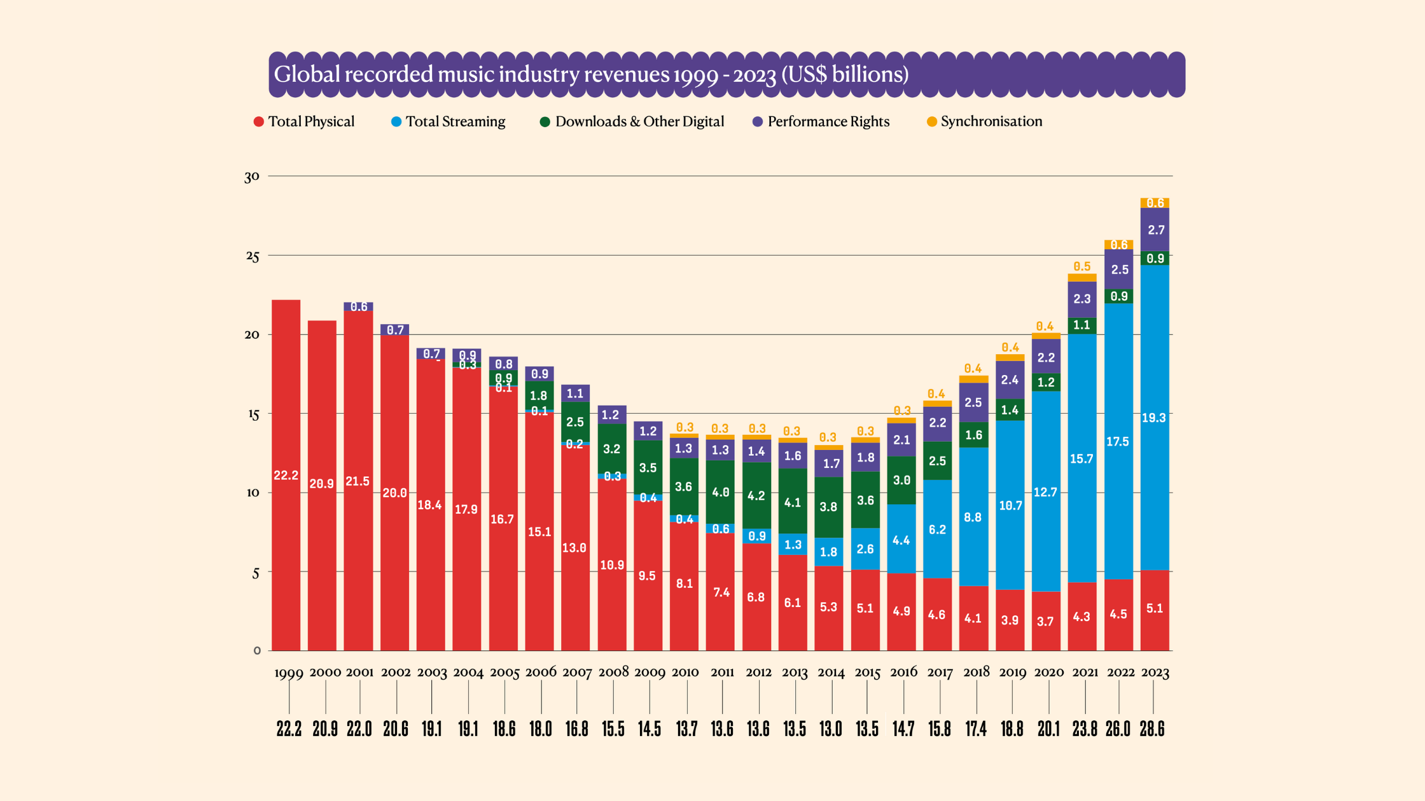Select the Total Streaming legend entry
click(448, 121)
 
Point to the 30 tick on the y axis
click(252, 177)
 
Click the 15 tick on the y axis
click(253, 414)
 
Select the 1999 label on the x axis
click(289, 673)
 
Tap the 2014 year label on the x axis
click(831, 673)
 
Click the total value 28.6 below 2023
click(1152, 729)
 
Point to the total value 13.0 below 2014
click(831, 729)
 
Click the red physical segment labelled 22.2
click(286, 475)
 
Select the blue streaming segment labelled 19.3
click(1155, 418)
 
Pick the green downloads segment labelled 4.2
click(756, 496)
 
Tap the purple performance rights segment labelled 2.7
click(1155, 230)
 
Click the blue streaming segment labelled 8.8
click(973, 517)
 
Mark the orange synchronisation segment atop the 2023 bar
click(1155, 203)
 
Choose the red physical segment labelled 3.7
click(1046, 621)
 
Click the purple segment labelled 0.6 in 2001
click(359, 307)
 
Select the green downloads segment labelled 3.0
click(901, 480)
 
